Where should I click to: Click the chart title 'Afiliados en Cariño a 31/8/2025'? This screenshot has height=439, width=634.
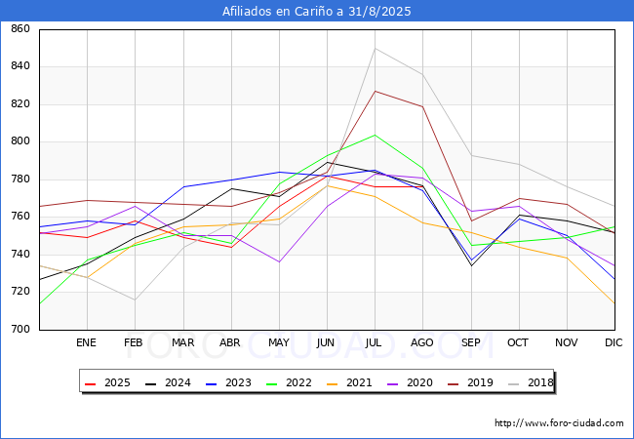point(317,12)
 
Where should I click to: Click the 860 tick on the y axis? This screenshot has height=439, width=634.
point(20,29)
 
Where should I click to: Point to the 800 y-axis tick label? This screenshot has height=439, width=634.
point(20,142)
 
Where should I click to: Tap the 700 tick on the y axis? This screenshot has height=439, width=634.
point(20,330)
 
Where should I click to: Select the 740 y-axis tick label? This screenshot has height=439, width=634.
point(20,255)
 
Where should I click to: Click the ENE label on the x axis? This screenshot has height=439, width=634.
point(87,343)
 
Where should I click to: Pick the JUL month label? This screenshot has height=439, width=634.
point(375,343)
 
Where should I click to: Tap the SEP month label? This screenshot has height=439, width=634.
point(470,343)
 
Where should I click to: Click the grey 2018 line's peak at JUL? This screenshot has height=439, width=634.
point(375,49)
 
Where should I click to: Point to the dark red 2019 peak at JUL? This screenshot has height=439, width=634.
point(375,91)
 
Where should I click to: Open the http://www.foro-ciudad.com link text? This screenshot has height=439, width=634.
point(559,423)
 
